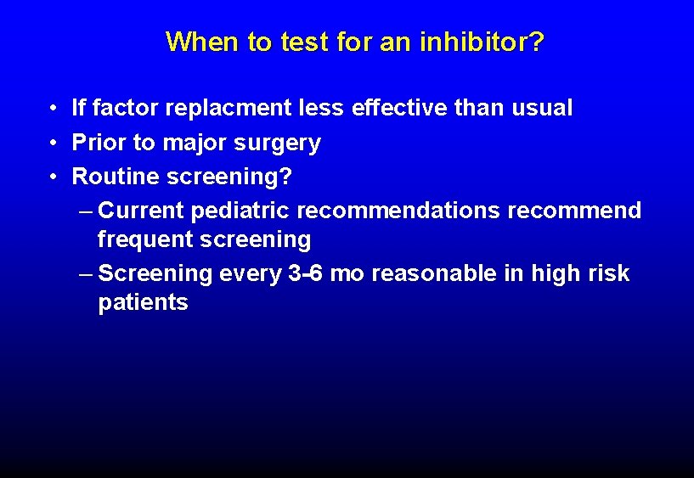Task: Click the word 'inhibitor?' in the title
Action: point(482,42)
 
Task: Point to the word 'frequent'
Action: point(144,240)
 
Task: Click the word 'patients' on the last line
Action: point(143,303)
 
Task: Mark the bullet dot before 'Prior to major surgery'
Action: point(53,143)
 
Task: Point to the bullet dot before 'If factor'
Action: point(53,109)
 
